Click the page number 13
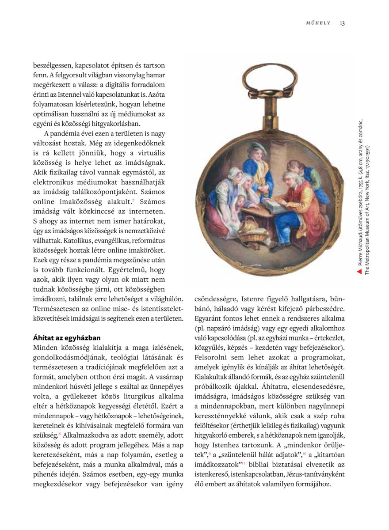342,23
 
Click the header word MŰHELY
318,23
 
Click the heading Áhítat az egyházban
67,337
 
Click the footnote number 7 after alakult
133,201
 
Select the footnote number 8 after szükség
59,433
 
